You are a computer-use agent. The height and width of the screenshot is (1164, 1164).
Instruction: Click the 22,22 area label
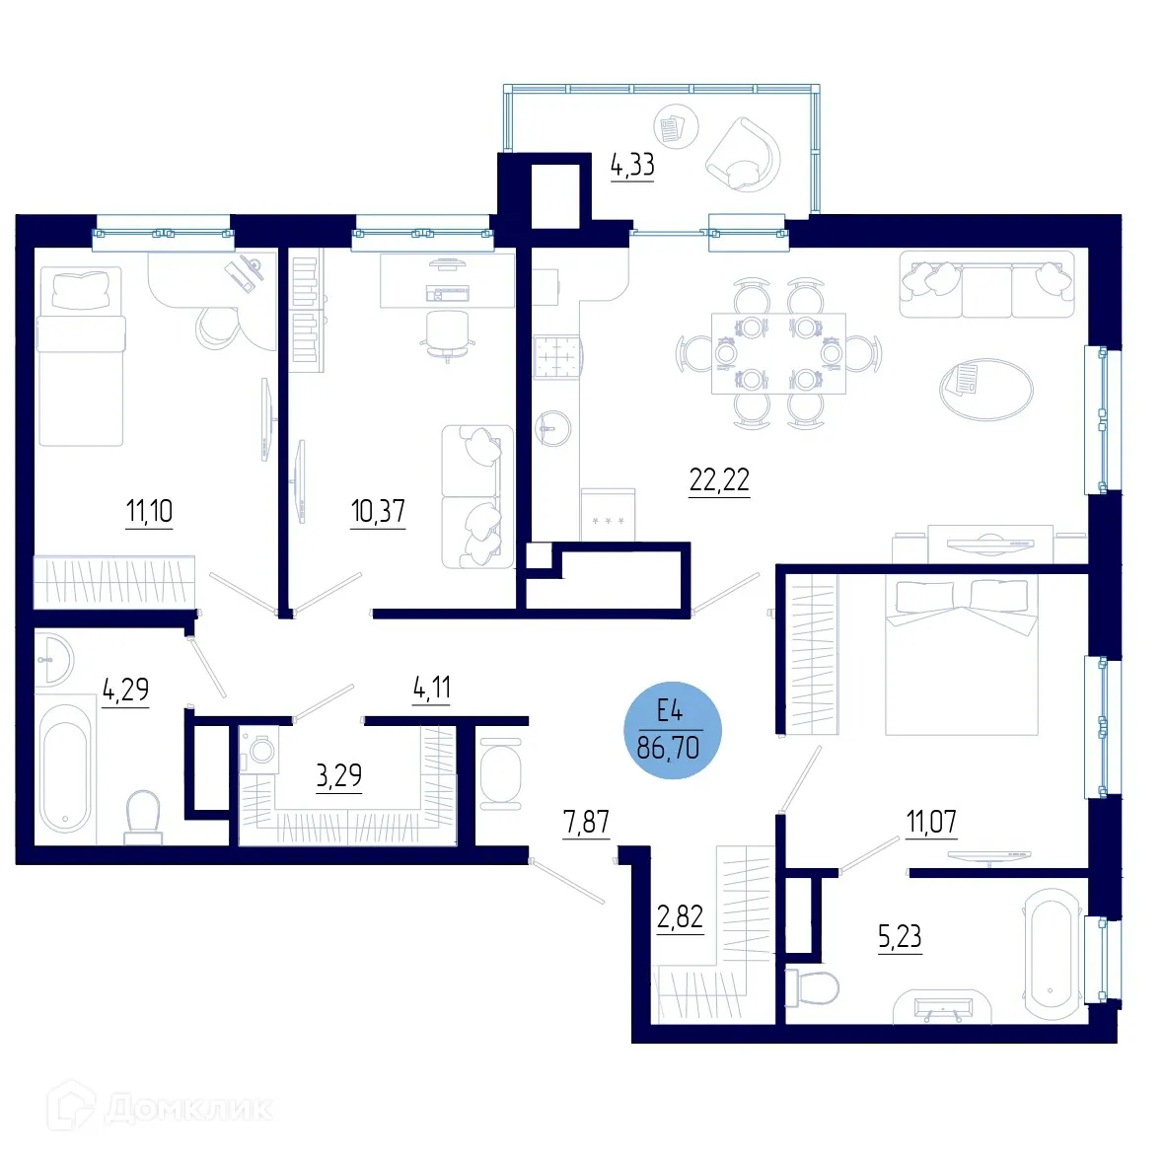pos(719,480)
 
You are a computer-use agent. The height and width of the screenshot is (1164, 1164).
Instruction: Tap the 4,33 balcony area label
pos(632,165)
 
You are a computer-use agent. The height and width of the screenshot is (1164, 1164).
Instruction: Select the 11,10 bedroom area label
pos(149,511)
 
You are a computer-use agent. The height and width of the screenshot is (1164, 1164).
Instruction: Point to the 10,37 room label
pos(378,511)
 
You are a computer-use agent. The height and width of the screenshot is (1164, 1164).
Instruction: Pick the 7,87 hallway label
pos(586,822)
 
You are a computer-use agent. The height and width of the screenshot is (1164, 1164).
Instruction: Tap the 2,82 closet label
pos(681,917)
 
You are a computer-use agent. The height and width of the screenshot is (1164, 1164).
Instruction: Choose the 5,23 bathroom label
pos(900,936)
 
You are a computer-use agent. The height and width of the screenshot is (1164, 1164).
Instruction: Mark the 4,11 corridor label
pos(432,688)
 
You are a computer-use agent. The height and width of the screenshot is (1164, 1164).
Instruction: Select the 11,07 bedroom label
pos(931,821)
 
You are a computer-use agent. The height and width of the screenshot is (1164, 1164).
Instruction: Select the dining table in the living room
pos(778,353)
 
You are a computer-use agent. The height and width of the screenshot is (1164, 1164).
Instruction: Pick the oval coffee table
pos(985,387)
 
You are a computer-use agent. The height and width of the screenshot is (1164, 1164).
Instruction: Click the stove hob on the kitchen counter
pos(557,358)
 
